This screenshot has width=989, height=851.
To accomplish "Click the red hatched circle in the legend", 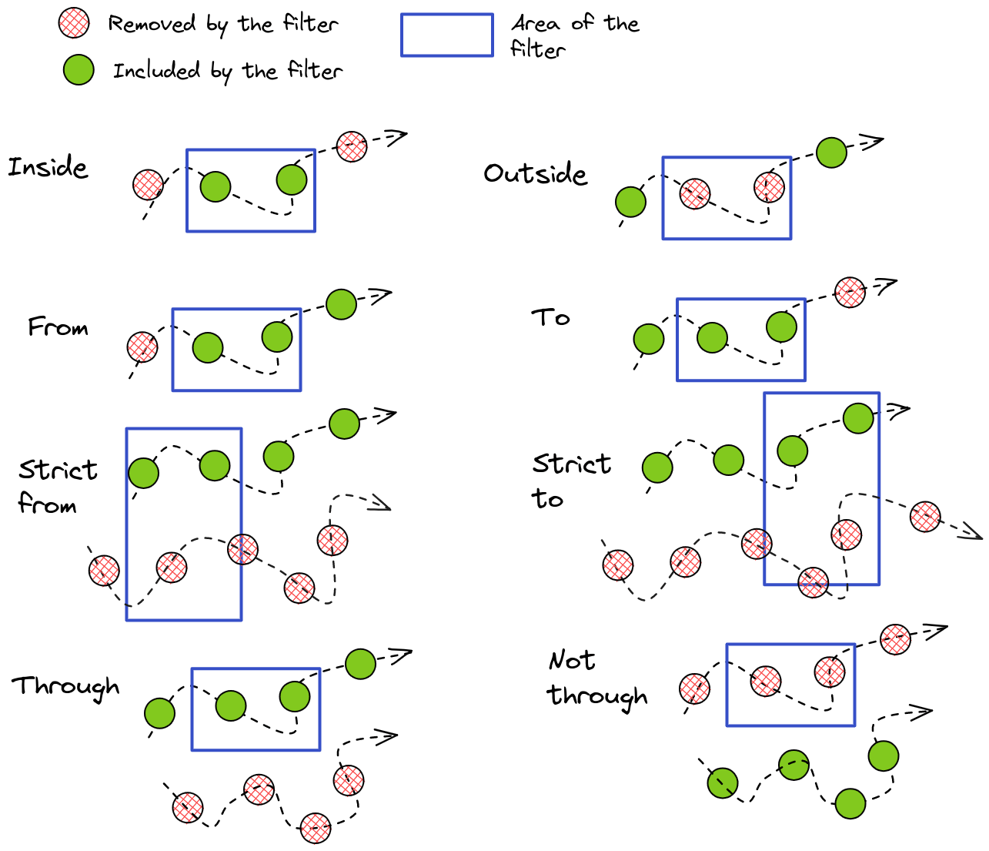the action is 74,23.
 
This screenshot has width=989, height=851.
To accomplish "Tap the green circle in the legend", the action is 79,70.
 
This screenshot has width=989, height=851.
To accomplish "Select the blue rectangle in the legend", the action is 446,35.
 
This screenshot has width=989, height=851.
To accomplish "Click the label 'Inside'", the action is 48,167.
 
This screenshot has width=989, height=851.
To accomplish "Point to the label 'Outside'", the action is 535,174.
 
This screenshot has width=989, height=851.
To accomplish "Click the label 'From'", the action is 58,327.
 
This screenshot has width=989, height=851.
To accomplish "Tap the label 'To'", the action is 550,317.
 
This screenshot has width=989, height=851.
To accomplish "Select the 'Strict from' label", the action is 57,487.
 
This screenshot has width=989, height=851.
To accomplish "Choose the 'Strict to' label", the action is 571,481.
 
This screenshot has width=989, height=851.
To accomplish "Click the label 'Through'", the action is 65,686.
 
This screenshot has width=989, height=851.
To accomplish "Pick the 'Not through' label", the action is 596,678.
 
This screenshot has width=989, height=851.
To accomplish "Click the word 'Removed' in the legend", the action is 152,24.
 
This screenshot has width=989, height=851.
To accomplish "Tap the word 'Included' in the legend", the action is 156,71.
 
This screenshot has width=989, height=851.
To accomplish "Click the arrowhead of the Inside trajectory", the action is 398,137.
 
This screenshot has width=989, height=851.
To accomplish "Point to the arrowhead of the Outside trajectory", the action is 874,142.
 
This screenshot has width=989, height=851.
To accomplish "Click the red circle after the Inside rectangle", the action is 352,146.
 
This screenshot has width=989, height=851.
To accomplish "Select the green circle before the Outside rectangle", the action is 631,202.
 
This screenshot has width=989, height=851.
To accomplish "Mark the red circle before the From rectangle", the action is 142,347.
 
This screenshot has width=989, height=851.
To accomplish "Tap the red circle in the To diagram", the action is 850,292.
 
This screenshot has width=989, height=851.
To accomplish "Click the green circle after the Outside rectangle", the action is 831,152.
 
